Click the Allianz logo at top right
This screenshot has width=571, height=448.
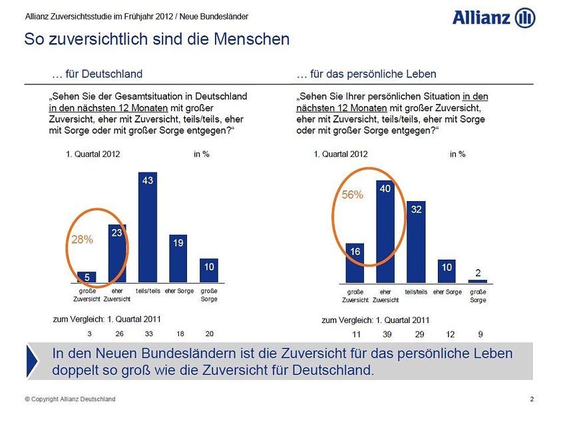point(493,18)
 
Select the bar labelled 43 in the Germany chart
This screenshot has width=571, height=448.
point(148,226)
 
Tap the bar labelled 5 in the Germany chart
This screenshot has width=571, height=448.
point(87,277)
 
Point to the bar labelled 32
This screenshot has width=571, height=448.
point(415,242)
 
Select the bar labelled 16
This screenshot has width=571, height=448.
point(355,263)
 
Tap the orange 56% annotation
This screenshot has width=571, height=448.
point(353,195)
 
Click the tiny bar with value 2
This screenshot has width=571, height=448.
point(477,281)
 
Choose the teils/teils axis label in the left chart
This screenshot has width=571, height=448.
point(148,292)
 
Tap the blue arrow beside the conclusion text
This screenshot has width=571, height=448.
point(33,361)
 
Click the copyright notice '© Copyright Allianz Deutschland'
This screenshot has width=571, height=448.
point(70,399)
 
